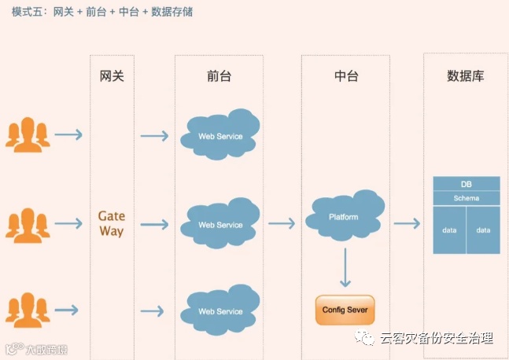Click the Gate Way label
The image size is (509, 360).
click(112, 223)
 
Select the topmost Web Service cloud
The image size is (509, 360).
click(219, 135)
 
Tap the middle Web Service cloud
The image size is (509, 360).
click(219, 224)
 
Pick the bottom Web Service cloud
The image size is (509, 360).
click(219, 310)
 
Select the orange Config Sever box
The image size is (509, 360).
click(344, 309)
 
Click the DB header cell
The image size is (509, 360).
click(467, 184)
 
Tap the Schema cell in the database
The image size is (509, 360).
click(467, 198)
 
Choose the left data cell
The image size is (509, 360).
click(449, 230)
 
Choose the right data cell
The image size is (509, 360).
click(483, 230)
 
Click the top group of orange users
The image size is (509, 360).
click(28, 134)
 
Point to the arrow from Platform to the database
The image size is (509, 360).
click(407, 224)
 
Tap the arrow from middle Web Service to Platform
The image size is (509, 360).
click(281, 224)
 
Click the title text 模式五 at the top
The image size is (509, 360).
click(28, 12)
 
